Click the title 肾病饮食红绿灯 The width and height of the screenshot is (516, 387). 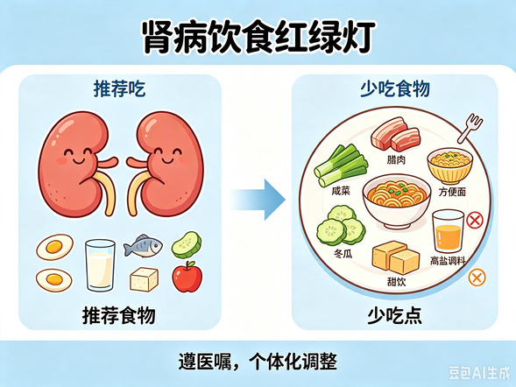pos(259,37)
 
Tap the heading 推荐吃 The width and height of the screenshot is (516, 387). pos(119,88)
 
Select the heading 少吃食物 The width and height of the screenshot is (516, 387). pos(395,88)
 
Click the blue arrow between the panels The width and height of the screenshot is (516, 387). pos(258,200)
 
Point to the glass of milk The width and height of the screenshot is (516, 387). pos(100,265)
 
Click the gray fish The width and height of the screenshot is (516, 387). pos(143,246)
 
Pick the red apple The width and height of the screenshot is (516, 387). pos(187,277)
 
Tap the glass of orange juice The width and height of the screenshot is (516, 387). pos(449,231)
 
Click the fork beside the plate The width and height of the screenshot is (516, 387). pos(470,128)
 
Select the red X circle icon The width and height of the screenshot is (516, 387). pos(475,221)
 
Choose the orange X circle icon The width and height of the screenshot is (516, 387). pos(477,278)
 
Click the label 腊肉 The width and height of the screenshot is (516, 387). pos(396,160)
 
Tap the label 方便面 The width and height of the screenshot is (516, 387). pos(452,192)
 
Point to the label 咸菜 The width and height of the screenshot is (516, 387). pos(341,191)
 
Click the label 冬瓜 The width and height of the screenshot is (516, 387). pos(343,254)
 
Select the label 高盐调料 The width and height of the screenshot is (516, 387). pos(448,261)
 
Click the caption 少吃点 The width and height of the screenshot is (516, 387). pos(394,316)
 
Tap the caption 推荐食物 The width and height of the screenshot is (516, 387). pos(119,316)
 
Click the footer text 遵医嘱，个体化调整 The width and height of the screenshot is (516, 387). pos(258,362)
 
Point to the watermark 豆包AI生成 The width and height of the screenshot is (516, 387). pos(479,373)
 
